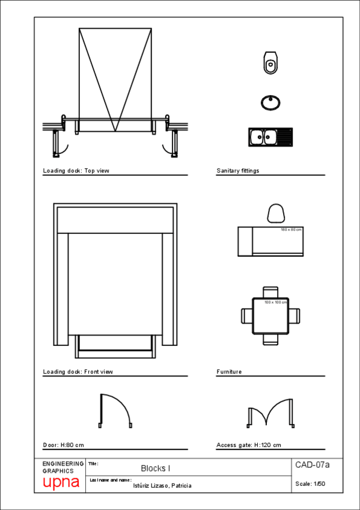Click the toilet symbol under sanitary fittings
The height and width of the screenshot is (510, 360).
[270, 62]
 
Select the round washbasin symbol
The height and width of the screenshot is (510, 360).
[270, 102]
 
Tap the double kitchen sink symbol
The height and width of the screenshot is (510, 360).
[269, 137]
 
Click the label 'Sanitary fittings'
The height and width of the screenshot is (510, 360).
[238, 171]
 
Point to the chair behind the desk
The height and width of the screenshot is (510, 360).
[276, 214]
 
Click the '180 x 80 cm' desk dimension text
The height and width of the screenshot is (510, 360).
[291, 230]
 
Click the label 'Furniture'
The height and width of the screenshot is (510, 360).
[229, 372]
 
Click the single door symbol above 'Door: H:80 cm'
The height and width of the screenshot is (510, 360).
[115, 410]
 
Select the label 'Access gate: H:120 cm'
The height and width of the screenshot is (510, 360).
[249, 446]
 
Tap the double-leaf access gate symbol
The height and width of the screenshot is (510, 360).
[271, 413]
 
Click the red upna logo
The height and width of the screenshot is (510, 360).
[61, 483]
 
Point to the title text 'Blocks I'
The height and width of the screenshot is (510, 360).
[156, 468]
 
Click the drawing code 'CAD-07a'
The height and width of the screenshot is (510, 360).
[312, 464]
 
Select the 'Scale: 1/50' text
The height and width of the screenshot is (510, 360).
[310, 484]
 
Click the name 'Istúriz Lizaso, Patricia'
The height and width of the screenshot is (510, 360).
[162, 485]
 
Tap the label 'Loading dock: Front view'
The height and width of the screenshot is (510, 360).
[78, 372]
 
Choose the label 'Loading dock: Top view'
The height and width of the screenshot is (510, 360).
[76, 171]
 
